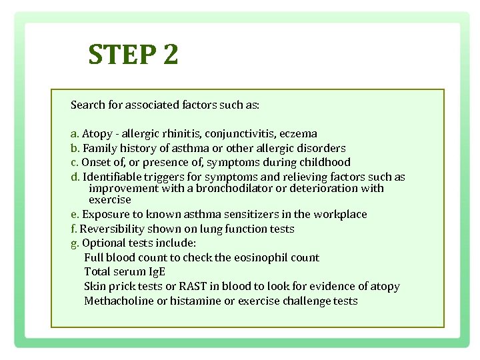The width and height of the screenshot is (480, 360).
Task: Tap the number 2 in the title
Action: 169,55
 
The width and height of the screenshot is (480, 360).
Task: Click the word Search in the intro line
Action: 87,105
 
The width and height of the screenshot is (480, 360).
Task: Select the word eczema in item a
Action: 298,133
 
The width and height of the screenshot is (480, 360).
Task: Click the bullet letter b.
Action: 74,148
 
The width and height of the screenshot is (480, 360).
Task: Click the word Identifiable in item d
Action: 112,177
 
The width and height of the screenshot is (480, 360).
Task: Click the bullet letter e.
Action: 74,214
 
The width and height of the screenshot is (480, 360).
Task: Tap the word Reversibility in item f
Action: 113,229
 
